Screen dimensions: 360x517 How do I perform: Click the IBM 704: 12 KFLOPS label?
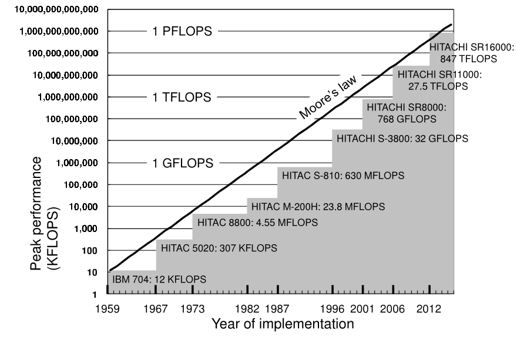click(158, 280)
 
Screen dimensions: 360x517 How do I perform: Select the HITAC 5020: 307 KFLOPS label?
click(219, 248)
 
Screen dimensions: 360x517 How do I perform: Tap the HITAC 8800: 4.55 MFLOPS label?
click(257, 223)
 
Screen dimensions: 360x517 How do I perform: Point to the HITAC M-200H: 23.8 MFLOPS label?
click(318, 207)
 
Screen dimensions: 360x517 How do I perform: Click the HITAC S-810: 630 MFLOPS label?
click(343, 175)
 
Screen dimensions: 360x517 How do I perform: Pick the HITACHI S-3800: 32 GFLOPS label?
click(402, 139)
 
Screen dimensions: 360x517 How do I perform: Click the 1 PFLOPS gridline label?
click(179, 32)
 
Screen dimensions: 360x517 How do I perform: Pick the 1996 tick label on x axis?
click(333, 308)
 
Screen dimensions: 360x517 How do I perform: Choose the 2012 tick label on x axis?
click(430, 308)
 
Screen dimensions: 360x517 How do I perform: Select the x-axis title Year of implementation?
click(283, 324)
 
